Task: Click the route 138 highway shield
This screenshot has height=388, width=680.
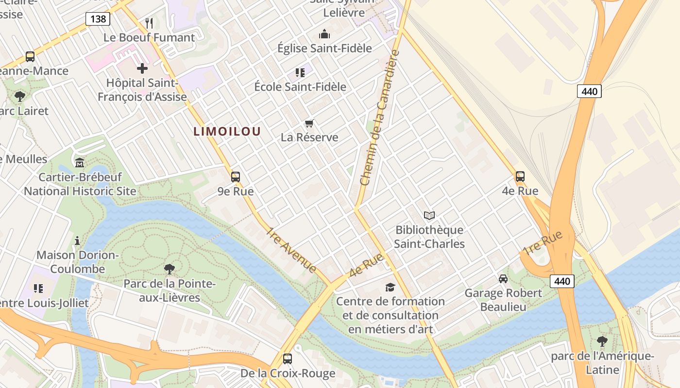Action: (98, 19)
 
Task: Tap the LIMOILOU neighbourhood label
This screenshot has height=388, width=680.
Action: (227, 131)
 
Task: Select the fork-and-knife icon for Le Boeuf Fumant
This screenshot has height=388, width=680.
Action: (149, 23)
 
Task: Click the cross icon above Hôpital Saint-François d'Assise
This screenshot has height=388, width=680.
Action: (142, 68)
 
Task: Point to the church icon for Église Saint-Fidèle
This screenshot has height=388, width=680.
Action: (324, 34)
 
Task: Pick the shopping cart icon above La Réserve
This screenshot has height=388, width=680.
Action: (309, 123)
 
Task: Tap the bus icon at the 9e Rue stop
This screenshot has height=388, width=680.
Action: (236, 177)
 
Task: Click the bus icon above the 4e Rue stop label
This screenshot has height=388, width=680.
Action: (520, 177)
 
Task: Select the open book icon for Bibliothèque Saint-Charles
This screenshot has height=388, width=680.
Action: (429, 215)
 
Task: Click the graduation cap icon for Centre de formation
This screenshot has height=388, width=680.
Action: (390, 288)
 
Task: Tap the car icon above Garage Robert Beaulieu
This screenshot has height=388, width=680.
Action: (503, 279)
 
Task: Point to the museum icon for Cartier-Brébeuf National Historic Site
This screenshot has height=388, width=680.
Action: (80, 162)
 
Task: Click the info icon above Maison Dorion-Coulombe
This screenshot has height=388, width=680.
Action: (77, 241)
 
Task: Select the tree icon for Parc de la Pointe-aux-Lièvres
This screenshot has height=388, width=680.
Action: (169, 269)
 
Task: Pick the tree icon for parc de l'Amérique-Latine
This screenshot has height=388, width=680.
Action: (602, 341)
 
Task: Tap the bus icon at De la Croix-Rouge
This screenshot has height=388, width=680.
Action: (288, 359)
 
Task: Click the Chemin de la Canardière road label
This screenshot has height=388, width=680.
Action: (380, 118)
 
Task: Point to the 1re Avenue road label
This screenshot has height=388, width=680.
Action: (290, 249)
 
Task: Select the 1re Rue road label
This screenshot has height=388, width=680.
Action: (542, 242)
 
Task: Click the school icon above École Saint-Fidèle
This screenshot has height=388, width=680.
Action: (300, 73)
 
